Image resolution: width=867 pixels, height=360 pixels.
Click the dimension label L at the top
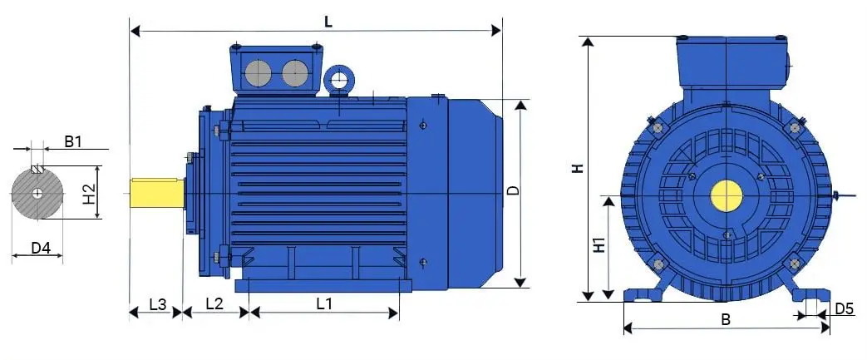pyautogui.click(x=328, y=22)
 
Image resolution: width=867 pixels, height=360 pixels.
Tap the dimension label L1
pyautogui.click(x=324, y=304)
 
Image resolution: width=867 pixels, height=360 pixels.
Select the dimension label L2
pyautogui.click(x=214, y=304)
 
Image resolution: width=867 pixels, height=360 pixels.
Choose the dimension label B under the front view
pyautogui.click(x=725, y=320)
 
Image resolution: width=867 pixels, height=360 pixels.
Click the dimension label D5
pyautogui.click(x=844, y=309)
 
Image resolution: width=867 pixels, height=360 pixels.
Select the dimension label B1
pyautogui.click(x=73, y=142)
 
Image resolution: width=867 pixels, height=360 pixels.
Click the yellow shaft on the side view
pyautogui.click(x=157, y=192)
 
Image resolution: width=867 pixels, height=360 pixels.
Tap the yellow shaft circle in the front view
pyautogui.click(x=727, y=196)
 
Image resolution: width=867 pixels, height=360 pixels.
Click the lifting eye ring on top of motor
pyautogui.click(x=339, y=81)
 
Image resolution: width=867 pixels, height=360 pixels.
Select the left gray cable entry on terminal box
pyautogui.click(x=258, y=74)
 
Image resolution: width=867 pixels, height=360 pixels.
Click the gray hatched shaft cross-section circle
pyautogui.click(x=38, y=193)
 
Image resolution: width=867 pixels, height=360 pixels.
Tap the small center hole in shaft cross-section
pyautogui.click(x=38, y=193)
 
